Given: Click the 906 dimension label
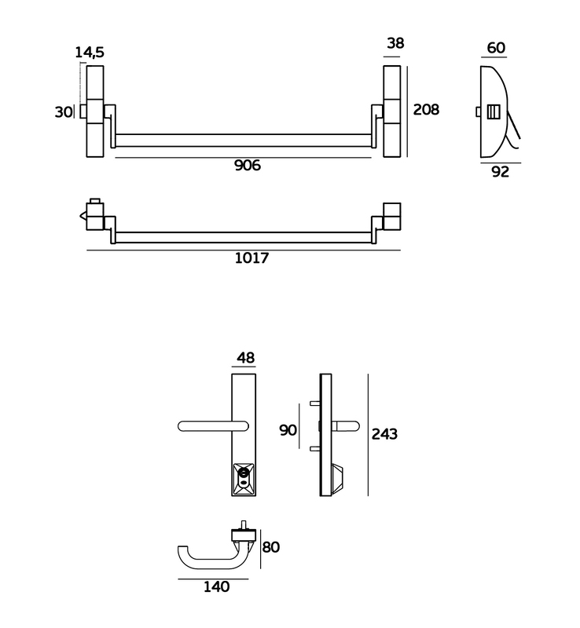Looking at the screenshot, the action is click(248, 166).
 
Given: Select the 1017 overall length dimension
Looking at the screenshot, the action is click(251, 258).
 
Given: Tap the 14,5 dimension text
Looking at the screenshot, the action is click(90, 53).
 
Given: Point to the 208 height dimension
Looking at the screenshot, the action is click(426, 110).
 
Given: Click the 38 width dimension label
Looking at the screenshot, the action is click(395, 43).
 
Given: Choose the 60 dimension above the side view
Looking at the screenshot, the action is click(496, 48).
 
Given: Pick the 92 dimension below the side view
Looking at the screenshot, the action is click(500, 172).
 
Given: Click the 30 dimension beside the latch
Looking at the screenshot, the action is click(63, 112).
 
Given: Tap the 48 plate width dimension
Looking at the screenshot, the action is click(245, 358).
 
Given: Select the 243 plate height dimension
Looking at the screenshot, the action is click(384, 434).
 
